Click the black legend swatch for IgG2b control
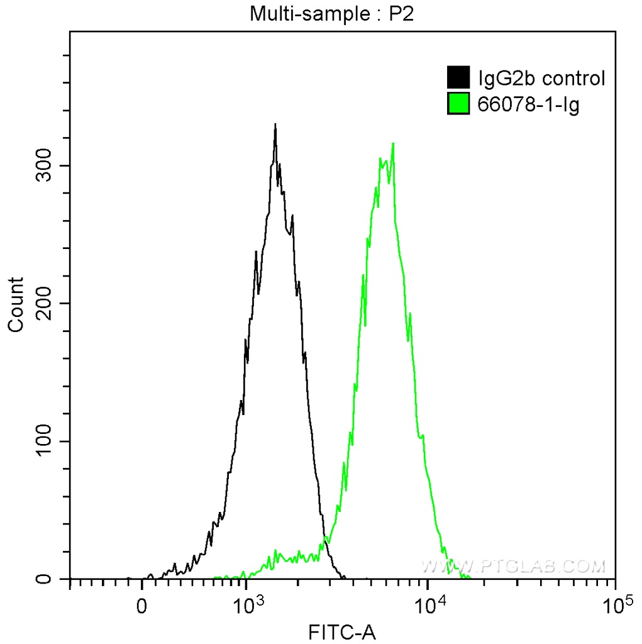click(x=458, y=78)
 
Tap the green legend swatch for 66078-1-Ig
click(x=458, y=104)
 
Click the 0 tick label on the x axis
click(x=142, y=607)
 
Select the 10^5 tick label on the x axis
click(x=617, y=605)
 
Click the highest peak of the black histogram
click(x=275, y=125)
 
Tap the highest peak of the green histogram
click(x=393, y=143)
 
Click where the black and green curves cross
click(x=326, y=540)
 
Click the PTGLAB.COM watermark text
click(x=513, y=566)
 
